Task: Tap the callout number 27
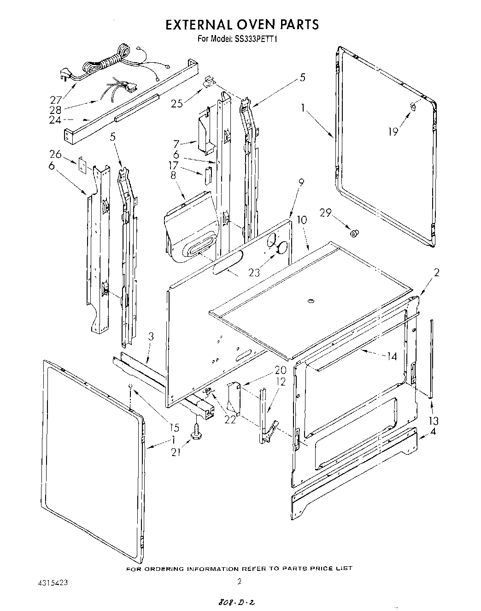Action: pyautogui.click(x=56, y=100)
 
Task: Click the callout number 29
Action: pyautogui.click(x=325, y=212)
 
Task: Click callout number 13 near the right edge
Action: pyautogui.click(x=433, y=421)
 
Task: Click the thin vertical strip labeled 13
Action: pyautogui.click(x=432, y=357)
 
